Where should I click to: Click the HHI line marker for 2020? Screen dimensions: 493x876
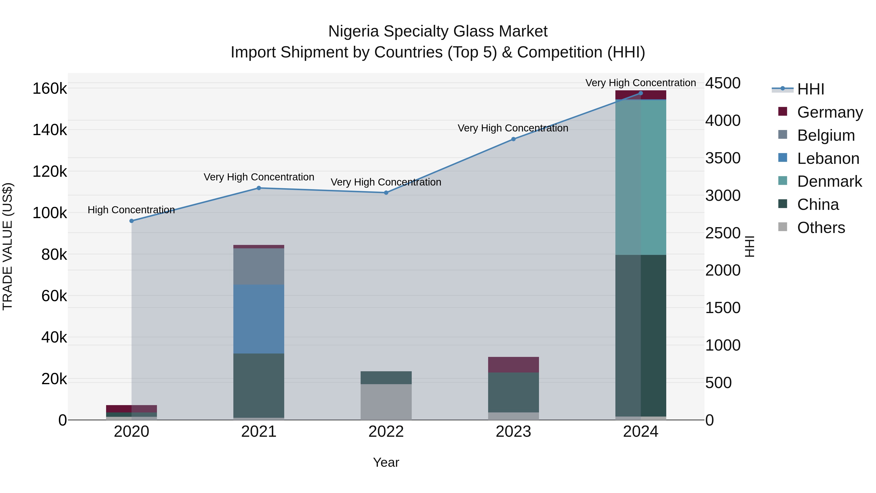tap(132, 221)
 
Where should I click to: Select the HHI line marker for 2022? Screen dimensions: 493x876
tap(386, 193)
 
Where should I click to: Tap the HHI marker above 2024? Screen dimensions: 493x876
tap(641, 93)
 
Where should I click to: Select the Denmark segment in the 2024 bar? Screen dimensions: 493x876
tap(641, 177)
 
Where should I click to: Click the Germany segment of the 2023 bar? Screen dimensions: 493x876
tap(513, 364)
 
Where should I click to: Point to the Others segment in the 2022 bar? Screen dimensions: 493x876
tap(386, 401)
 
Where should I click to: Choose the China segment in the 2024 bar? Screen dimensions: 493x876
tap(641, 335)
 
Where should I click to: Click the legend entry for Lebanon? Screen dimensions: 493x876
tap(828, 158)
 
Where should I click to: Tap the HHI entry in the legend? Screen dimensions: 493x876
tap(810, 89)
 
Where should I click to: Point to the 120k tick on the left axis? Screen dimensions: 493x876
tap(50, 171)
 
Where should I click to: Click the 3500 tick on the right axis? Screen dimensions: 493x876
tap(723, 158)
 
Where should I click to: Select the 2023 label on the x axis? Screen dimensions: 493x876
tap(513, 431)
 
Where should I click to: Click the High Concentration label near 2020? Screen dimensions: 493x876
tap(131, 210)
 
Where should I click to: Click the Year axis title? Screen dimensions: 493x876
tap(386, 462)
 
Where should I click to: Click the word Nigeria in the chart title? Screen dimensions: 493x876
tap(353, 31)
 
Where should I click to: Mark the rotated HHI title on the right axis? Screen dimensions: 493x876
tap(749, 246)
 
